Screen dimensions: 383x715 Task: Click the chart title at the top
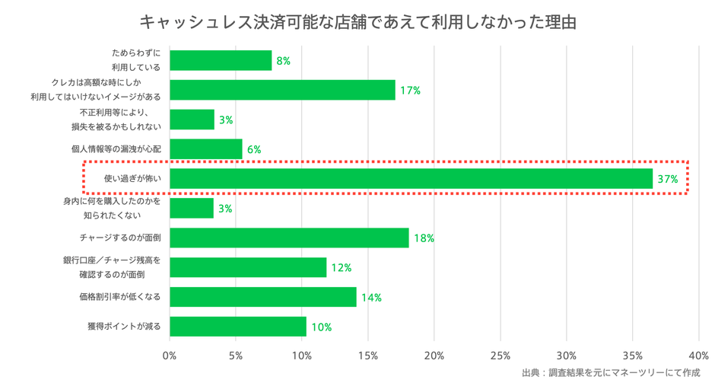tap(357, 21)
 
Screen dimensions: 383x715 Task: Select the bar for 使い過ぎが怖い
tap(411, 179)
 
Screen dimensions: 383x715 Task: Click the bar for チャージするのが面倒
tap(289, 238)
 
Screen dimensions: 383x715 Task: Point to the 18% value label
tap(424, 239)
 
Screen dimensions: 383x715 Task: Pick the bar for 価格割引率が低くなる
tap(262, 297)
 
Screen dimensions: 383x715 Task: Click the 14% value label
tap(371, 298)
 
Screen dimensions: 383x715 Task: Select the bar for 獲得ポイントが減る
tap(237, 327)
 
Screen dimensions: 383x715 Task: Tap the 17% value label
tap(410, 91)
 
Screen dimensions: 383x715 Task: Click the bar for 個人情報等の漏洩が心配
tap(205, 149)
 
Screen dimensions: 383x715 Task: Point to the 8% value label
tap(283, 61)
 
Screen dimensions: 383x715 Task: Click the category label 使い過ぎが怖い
tap(132, 179)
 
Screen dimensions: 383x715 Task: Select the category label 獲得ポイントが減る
tap(125, 327)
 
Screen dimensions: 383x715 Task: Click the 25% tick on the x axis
tap(500, 355)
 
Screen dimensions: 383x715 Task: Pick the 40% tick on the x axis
tap(698, 355)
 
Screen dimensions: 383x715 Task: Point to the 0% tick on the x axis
tap(170, 355)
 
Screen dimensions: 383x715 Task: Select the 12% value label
tap(342, 268)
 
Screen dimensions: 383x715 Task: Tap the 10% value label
tap(321, 327)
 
